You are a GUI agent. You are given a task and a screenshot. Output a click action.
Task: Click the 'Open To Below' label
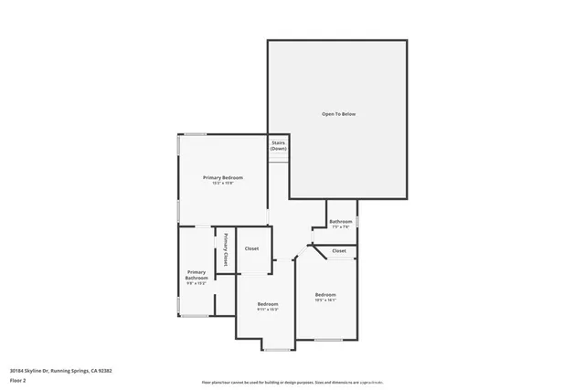pyautogui.click(x=337, y=114)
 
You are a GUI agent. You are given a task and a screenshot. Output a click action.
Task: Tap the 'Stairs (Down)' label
pyautogui.click(x=278, y=145)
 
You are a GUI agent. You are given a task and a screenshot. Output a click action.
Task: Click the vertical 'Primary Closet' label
pyautogui.click(x=227, y=248)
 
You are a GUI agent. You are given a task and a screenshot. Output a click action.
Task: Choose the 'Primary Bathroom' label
pyautogui.click(x=197, y=275)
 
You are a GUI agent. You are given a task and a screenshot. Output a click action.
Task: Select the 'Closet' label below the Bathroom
pyautogui.click(x=339, y=250)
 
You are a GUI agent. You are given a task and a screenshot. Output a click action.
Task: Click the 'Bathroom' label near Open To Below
pyautogui.click(x=341, y=221)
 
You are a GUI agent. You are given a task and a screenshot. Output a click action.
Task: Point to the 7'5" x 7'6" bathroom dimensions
pyautogui.click(x=341, y=227)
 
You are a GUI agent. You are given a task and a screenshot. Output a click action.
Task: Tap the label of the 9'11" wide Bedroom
pyautogui.click(x=267, y=303)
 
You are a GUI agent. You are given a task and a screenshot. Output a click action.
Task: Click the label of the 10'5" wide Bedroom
pyautogui.click(x=326, y=294)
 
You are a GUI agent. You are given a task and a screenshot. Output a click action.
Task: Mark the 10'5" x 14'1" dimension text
pyautogui.click(x=326, y=300)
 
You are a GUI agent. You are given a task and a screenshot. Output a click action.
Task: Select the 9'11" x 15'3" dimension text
pyautogui.click(x=267, y=310)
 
